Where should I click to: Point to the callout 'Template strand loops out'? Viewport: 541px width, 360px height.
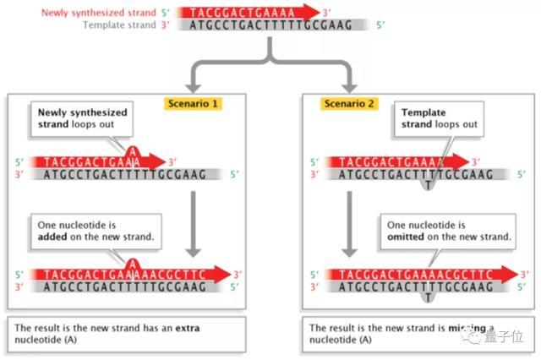(440, 117)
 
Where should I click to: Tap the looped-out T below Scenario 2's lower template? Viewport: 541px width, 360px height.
(428, 297)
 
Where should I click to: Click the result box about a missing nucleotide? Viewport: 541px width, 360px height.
(397, 333)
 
